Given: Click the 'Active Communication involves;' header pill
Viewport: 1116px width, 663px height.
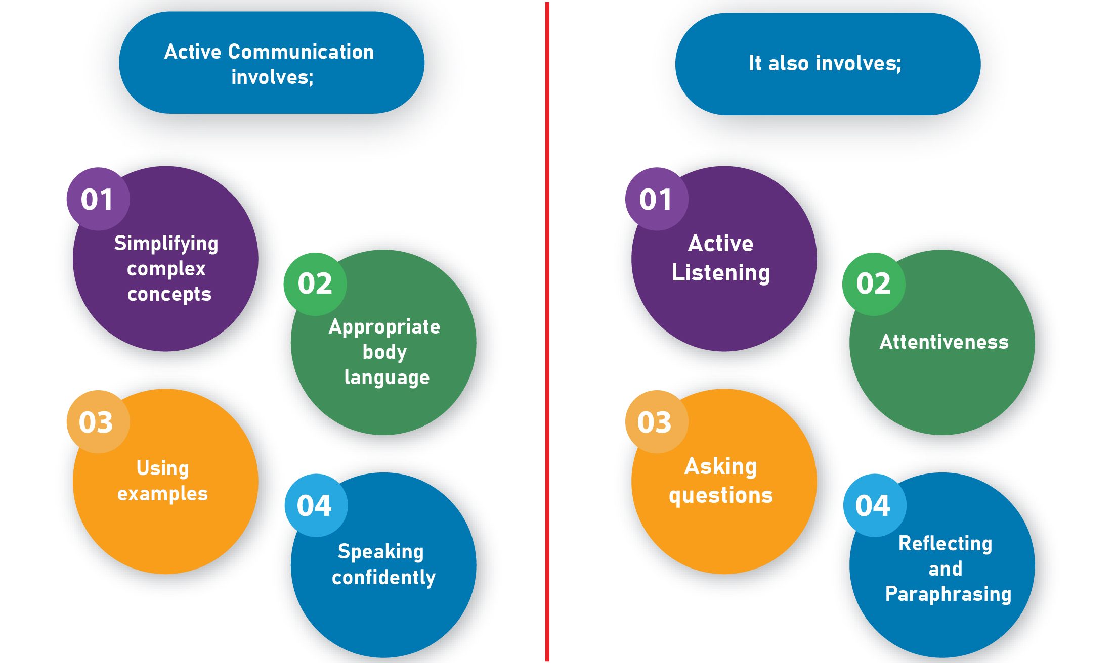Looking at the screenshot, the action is (272, 63).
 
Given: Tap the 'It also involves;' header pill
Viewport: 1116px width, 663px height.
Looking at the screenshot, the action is (828, 64).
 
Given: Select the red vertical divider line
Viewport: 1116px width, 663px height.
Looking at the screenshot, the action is (547, 331).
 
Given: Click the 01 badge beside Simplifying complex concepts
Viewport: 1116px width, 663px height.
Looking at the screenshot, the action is (98, 199).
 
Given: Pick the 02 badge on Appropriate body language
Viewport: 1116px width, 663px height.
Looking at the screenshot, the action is (315, 284).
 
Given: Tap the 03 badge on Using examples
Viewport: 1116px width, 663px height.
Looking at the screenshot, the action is (98, 421).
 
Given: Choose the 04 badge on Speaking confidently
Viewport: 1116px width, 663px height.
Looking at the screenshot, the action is (316, 505).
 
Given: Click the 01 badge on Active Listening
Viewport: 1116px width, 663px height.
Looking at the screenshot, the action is (657, 199).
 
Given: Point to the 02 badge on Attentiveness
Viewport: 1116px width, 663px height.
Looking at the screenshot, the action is (874, 284).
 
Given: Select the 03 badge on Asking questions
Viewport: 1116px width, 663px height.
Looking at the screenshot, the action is (657, 421).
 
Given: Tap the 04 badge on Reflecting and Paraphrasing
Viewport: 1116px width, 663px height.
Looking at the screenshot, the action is (875, 505).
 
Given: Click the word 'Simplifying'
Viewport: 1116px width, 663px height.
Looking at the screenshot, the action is (166, 244).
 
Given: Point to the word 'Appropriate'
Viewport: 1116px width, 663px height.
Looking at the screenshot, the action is (384, 327).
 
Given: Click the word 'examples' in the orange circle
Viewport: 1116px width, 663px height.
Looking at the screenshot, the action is (163, 494).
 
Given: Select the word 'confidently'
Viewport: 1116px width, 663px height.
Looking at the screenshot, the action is (383, 578).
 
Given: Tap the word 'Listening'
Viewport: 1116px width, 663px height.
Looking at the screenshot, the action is (721, 273).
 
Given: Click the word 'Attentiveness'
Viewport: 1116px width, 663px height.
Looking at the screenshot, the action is (944, 342).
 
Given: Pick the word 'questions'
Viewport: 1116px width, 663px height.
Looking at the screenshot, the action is (721, 496).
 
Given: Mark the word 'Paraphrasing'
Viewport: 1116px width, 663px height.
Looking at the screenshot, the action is (948, 594).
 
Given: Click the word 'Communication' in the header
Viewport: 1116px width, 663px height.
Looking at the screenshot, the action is (301, 52).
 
